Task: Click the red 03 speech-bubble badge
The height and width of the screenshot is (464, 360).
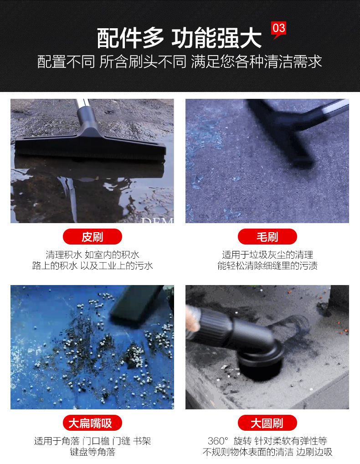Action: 278,29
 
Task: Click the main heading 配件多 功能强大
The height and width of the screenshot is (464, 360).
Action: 180,38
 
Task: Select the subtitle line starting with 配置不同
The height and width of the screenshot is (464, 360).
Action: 180,61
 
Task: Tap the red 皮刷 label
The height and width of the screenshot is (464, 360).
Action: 93,237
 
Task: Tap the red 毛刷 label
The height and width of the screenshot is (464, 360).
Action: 267,237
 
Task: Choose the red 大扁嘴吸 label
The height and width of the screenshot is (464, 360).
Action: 93,423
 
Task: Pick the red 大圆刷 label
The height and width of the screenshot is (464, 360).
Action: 267,423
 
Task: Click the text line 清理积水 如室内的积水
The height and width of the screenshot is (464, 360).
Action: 93,255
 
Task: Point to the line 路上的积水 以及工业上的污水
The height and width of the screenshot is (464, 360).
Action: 93,265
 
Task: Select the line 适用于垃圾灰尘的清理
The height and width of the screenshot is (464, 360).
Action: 267,255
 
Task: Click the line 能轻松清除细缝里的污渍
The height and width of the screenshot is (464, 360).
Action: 267,265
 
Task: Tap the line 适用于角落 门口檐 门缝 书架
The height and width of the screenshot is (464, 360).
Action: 93,441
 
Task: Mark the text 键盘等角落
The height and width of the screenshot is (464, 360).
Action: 93,452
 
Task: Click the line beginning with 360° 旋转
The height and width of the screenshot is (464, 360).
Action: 267,441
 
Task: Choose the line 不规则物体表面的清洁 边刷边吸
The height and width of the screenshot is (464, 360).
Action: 267,452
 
